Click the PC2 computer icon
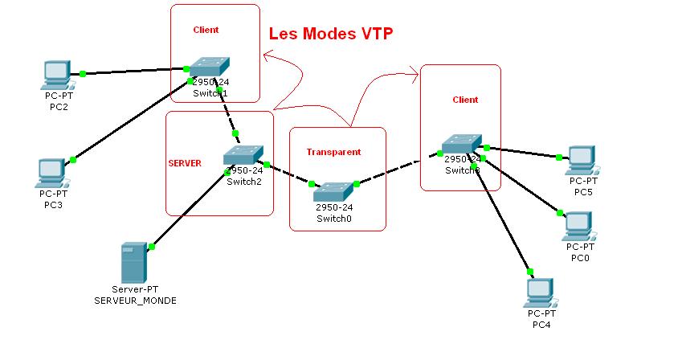[x=55, y=75]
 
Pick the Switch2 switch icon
[x=243, y=155]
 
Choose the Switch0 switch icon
[x=333, y=191]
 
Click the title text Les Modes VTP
[x=330, y=34]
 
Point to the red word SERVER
[x=184, y=163]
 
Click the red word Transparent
[x=333, y=152]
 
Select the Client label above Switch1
[x=206, y=30]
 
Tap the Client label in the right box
[x=465, y=100]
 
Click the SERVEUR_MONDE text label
[x=135, y=300]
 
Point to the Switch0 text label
[x=333, y=218]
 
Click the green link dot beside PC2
[x=83, y=74]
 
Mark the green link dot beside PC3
[x=72, y=160]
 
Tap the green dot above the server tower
[x=151, y=247]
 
